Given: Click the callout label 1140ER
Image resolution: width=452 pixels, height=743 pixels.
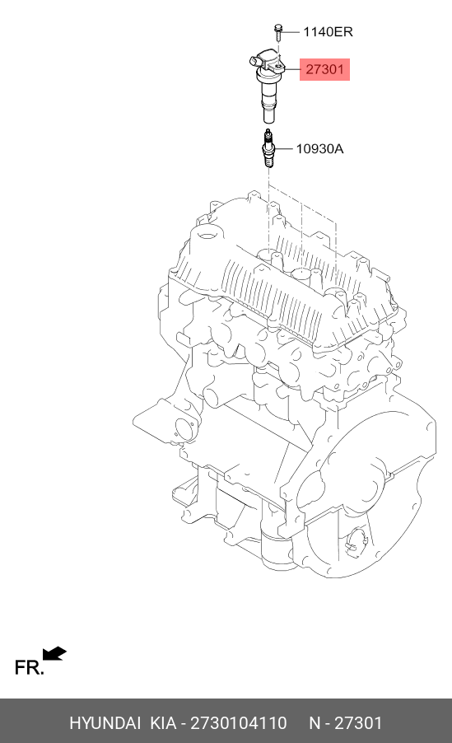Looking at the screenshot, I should point(328,32).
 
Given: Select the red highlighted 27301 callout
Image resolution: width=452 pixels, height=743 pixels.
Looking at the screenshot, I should point(324,70).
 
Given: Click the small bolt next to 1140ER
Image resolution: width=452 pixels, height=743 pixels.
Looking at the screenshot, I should point(279,31).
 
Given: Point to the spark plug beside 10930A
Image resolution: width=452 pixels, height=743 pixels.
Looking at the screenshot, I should point(268,149).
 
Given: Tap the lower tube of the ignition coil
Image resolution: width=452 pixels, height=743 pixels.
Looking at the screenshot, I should point(268,107).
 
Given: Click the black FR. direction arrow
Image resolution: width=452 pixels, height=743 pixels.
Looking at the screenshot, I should point(54,654).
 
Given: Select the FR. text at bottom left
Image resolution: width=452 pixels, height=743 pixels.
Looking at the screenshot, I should point(29,667).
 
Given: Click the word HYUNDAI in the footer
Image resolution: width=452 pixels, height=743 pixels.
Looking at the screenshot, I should point(105,723).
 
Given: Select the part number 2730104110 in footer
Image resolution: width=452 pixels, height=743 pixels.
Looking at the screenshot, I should point(238,723).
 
